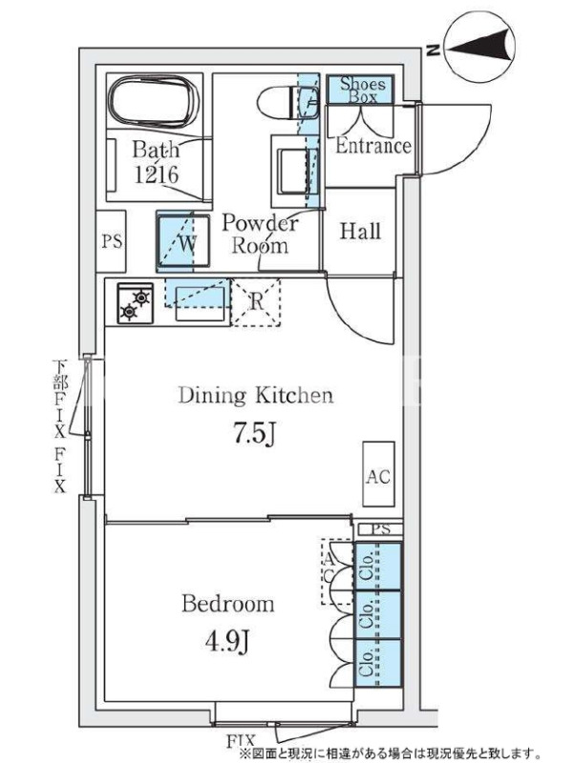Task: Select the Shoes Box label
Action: [x=362, y=90]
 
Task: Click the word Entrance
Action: [x=373, y=146]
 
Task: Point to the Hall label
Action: [x=360, y=231]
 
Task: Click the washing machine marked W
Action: [x=183, y=241]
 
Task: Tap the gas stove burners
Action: [x=135, y=303]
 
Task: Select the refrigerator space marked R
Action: [x=256, y=302]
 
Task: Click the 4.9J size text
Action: [x=227, y=642]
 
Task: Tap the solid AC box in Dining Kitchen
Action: [x=378, y=474]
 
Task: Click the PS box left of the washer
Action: [x=112, y=241]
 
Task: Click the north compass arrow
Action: [x=481, y=47]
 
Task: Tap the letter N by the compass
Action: [x=433, y=50]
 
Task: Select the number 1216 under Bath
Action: [x=157, y=175]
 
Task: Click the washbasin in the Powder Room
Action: [x=294, y=172]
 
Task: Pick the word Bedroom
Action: [x=228, y=604]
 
